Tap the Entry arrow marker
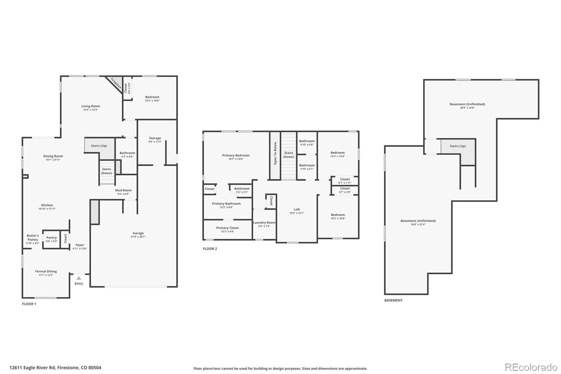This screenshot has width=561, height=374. (x=79, y=278)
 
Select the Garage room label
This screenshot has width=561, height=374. (x=138, y=233)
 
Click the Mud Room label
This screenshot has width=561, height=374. (x=123, y=190)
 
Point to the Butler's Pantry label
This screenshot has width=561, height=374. (x=33, y=238)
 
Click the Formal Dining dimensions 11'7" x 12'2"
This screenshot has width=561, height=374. (x=46, y=275)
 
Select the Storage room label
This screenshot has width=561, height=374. (x=155, y=138)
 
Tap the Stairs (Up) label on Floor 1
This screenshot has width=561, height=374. (x=99, y=146)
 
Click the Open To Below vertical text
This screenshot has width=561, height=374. (x=275, y=153)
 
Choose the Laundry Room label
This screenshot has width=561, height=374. (x=264, y=222)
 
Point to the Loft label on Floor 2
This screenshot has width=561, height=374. (x=297, y=209)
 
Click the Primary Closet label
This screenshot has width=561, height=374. (x=228, y=228)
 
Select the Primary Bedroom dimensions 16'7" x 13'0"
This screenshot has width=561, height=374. (x=236, y=159)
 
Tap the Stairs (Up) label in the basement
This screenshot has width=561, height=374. (x=458, y=146)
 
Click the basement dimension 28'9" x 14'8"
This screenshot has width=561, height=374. (x=467, y=108)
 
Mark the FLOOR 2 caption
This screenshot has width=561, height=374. (x=210, y=249)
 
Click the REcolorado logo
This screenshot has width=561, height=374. (x=531, y=367)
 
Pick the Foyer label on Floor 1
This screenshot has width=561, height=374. (x=80, y=245)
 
